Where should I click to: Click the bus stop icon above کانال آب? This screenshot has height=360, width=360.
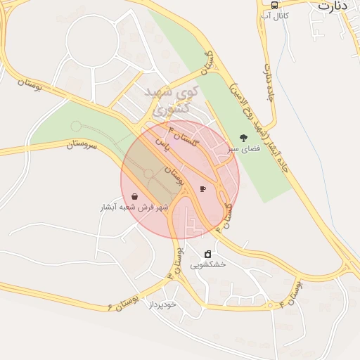click(x=274, y=4)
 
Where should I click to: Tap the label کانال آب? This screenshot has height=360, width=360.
click(x=274, y=14)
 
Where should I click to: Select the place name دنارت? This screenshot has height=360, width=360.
click(x=333, y=5)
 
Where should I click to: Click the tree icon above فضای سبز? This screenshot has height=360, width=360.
click(x=244, y=139)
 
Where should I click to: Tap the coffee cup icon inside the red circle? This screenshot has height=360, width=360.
click(x=203, y=188)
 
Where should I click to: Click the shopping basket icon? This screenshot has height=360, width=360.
click(x=134, y=197)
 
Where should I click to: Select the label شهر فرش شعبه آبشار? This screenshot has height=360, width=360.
click(x=134, y=208)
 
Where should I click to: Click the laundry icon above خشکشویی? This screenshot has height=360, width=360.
click(x=207, y=254)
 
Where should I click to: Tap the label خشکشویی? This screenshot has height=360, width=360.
click(x=207, y=264)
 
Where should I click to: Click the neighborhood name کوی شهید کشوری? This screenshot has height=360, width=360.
click(x=172, y=100)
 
